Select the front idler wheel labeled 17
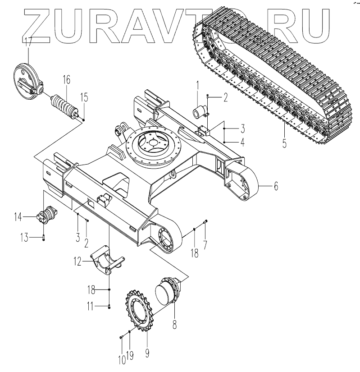click(x=27, y=81)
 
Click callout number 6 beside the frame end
click(x=276, y=185)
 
